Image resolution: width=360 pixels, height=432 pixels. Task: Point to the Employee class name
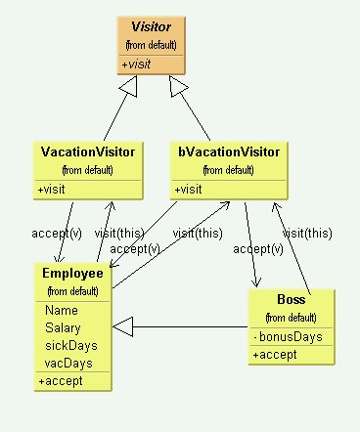[x=72, y=273]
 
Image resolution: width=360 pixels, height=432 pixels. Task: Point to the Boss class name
[x=291, y=299]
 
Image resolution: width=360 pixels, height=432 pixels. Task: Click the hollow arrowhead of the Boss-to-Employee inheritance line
[x=124, y=327]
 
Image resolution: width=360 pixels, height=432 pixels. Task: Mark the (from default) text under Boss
[x=291, y=317]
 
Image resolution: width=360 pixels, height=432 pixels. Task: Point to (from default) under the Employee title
[x=73, y=290]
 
